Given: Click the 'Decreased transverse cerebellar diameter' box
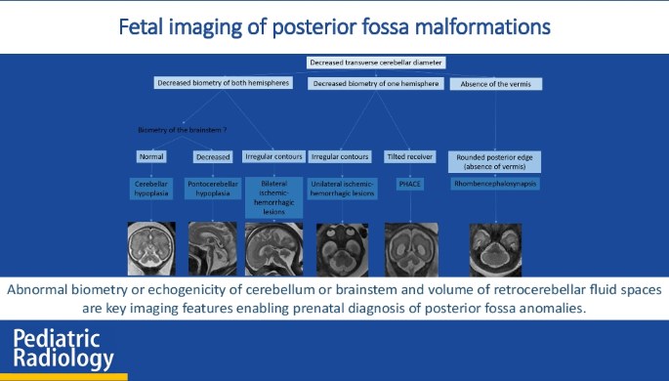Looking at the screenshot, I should point(376,63).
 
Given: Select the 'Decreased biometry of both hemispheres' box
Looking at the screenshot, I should point(223,83).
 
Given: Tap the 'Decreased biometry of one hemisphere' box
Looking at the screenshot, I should point(376,83).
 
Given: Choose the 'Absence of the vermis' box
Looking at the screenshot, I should point(495,83).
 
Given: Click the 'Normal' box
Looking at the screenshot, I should point(151,156).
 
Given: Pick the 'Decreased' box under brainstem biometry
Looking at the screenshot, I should point(212,156).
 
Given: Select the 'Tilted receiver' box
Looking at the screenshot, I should point(408,156).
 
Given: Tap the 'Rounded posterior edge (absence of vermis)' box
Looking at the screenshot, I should point(495,160).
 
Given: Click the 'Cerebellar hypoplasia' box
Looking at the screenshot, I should point(151,188).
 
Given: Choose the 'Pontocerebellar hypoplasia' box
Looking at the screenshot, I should point(212,188).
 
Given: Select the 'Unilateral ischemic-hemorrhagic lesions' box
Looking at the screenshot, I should point(341,188).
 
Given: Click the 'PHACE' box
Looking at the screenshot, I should point(408,183).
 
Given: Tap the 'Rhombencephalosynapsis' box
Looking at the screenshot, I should point(495,183).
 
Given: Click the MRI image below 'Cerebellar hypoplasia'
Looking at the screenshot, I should point(152,248).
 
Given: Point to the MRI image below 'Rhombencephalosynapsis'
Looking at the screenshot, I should point(495,250).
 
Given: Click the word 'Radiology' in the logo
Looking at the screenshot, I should point(63,360).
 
